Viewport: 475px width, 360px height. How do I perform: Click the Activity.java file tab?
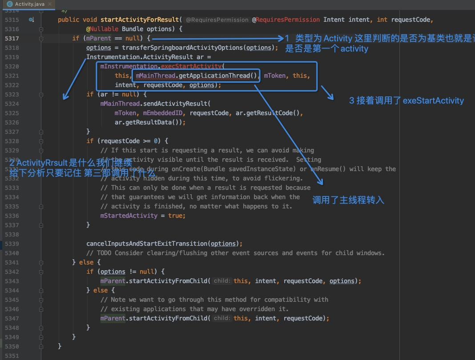28,4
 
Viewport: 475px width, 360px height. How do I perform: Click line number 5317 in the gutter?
12,39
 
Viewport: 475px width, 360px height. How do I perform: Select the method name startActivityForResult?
140,20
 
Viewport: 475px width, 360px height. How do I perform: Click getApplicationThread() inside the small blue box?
218,76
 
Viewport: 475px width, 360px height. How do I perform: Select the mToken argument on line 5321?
275,76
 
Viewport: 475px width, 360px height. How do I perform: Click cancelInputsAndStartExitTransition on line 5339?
147,244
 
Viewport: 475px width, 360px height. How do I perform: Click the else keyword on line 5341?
86,263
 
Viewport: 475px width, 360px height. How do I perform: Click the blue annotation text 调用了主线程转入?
348,200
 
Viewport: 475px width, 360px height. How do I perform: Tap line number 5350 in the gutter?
12,347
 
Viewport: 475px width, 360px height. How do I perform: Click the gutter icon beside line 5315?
31,20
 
